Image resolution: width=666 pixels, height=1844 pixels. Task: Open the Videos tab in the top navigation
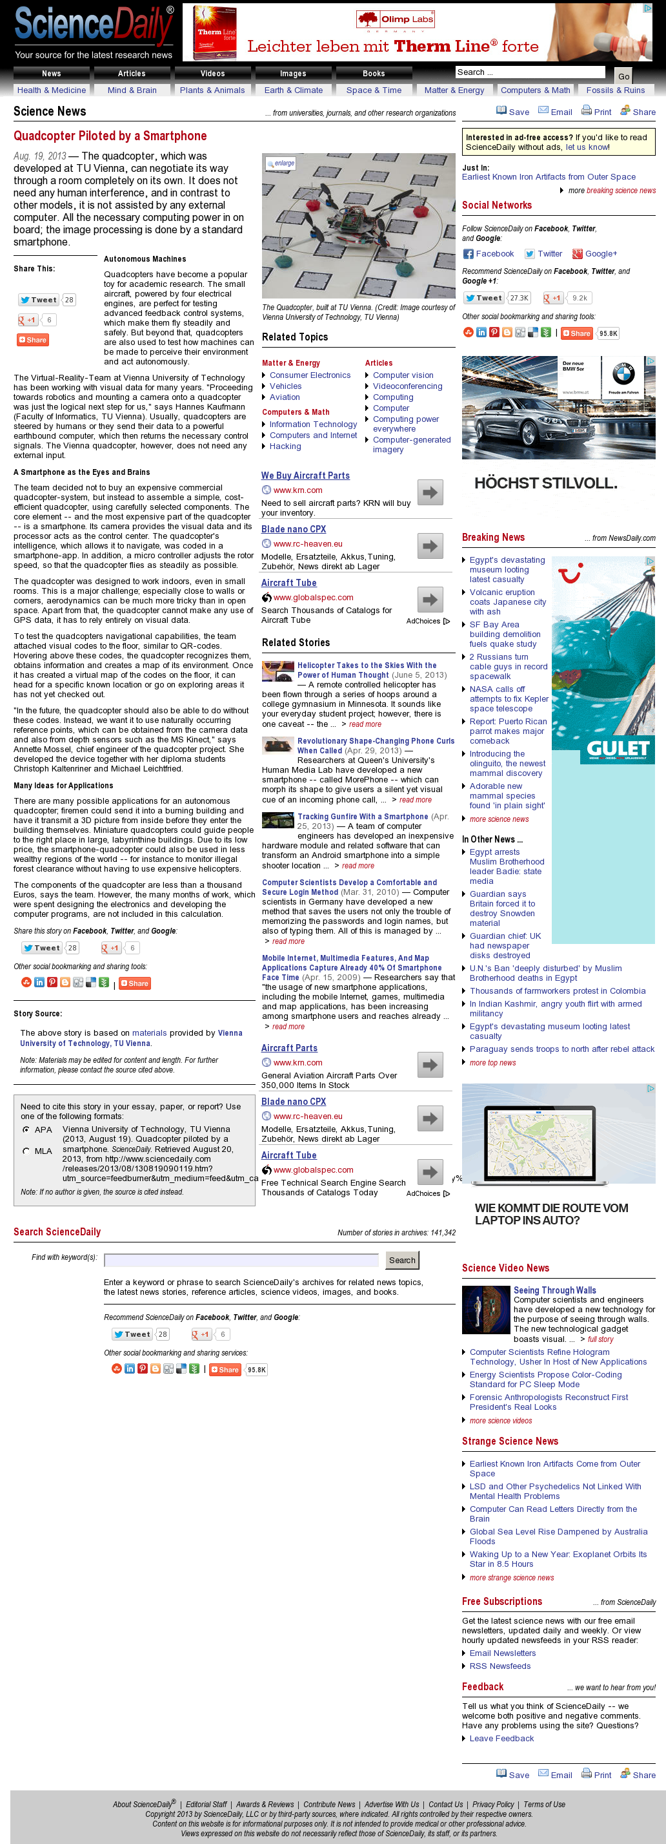coord(212,74)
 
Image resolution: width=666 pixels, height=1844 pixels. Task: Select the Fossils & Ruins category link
coord(615,90)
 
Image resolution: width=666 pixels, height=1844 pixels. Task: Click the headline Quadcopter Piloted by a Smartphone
coord(110,136)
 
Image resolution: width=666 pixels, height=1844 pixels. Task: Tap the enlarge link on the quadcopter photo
coord(281,163)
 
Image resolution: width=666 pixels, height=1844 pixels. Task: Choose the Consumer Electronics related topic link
coord(310,375)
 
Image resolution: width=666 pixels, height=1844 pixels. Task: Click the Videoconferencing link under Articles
coord(407,386)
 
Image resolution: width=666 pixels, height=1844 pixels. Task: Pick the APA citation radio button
coord(26,1129)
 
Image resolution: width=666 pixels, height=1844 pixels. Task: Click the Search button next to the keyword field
coord(402,1260)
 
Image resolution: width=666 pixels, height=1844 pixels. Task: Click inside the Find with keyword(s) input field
coord(241,1260)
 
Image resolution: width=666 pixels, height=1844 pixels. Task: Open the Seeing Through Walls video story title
coord(554,1290)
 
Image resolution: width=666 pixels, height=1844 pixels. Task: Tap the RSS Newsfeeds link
coord(500,1666)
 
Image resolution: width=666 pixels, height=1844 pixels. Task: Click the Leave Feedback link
coord(501,1738)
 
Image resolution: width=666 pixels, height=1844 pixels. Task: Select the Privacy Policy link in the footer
coord(493,1805)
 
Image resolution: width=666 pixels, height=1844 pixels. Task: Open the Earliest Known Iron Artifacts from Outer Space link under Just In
coord(549,177)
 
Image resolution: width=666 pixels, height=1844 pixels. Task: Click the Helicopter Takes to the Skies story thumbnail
coord(277,671)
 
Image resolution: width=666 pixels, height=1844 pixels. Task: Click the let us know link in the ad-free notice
coord(587,147)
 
